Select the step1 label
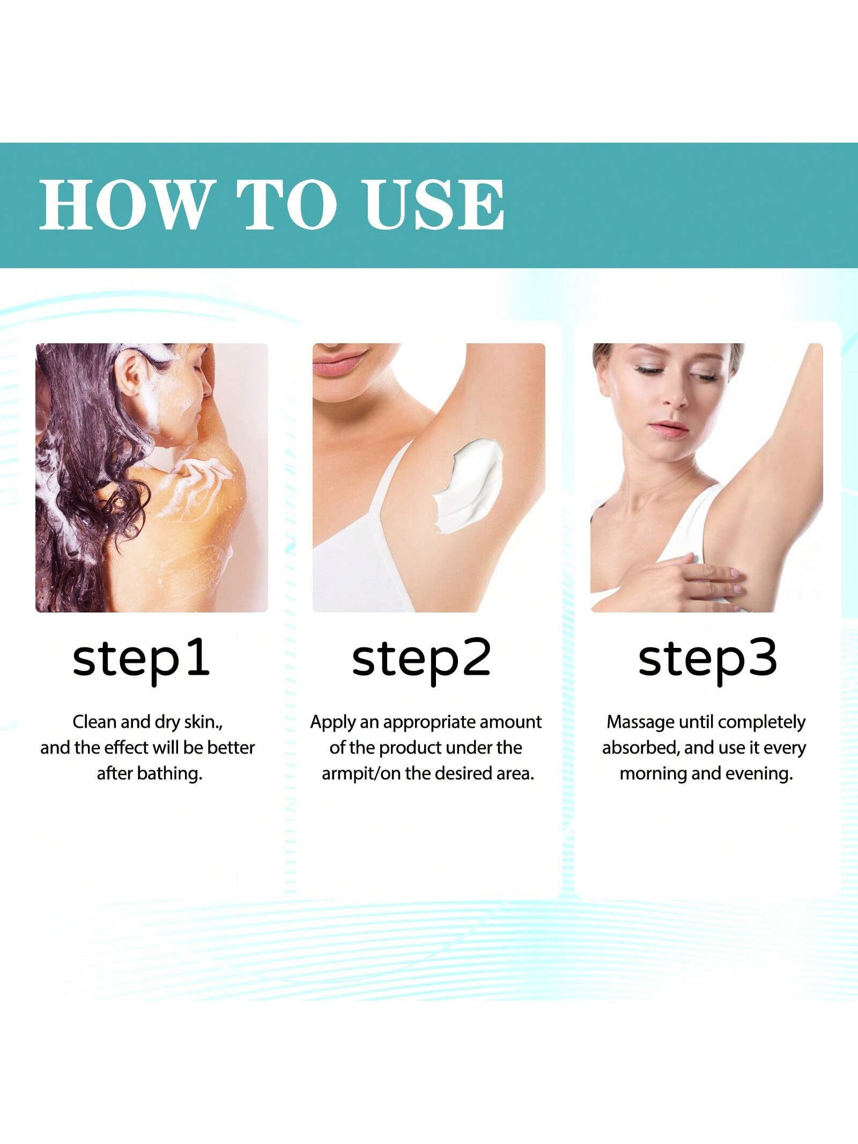[141, 660]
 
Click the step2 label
[421, 660]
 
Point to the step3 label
[707, 660]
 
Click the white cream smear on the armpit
[466, 485]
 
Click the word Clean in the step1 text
[94, 722]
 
